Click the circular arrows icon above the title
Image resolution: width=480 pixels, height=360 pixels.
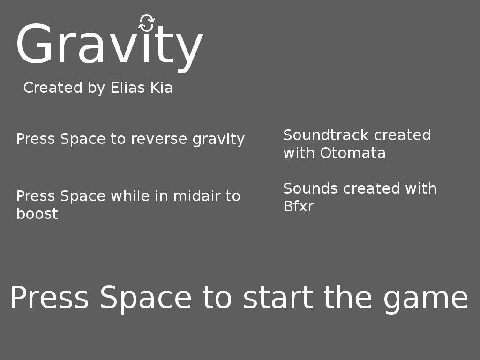[147, 23]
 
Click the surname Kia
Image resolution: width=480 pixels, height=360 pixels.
[161, 88]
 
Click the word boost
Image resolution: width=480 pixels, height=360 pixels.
[37, 214]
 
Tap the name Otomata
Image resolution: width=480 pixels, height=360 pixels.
[352, 153]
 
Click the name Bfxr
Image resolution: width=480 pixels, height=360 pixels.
[298, 206]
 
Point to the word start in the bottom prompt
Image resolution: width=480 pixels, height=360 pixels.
[278, 298]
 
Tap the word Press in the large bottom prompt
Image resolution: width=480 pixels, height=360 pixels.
[49, 298]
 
